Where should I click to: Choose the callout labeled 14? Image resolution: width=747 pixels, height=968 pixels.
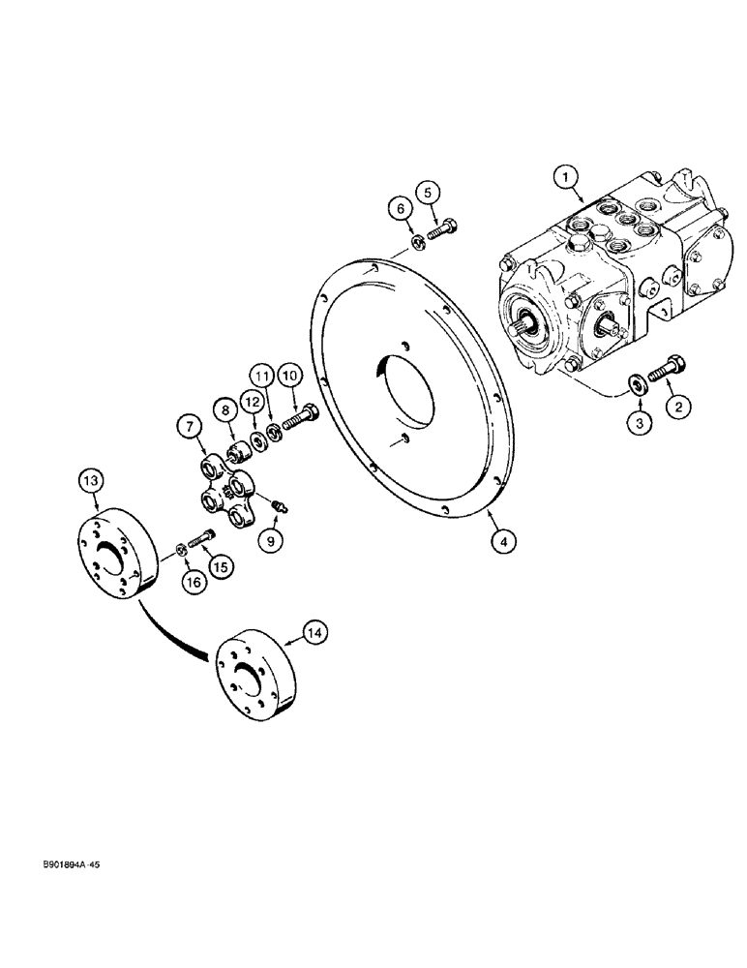(314, 632)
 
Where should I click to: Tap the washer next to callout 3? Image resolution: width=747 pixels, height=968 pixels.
(634, 384)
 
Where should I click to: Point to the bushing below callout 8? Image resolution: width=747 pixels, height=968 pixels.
(237, 450)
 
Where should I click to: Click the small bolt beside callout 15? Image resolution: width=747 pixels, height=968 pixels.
(200, 538)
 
